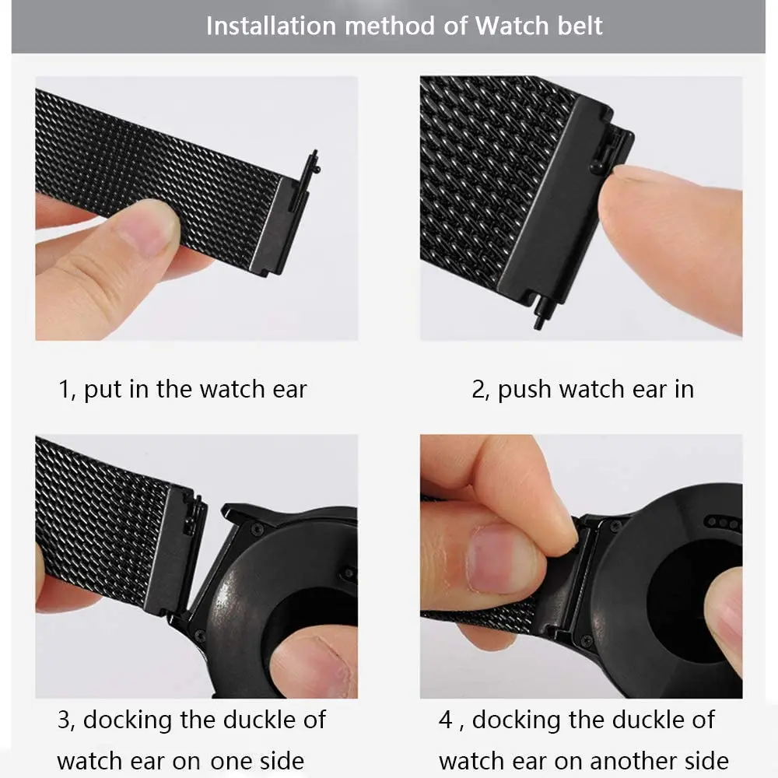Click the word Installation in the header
click(x=269, y=26)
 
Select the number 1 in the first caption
click(x=65, y=389)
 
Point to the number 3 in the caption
click(x=65, y=720)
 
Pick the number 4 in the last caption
click(x=445, y=720)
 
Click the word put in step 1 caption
click(x=101, y=389)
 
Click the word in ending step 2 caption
click(x=683, y=389)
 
